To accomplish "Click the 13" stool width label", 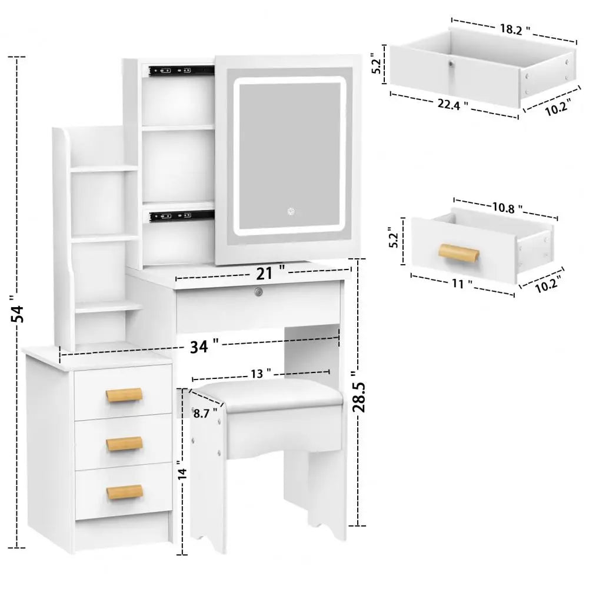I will (x=259, y=372).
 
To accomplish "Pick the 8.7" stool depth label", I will (x=206, y=412).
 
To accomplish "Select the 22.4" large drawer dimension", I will (x=453, y=104).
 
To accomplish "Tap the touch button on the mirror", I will (x=289, y=211).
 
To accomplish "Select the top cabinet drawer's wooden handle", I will (x=124, y=395).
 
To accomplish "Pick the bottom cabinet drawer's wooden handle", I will (x=124, y=491).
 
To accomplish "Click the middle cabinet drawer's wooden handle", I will (x=124, y=444).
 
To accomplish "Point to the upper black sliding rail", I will (x=179, y=71).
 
